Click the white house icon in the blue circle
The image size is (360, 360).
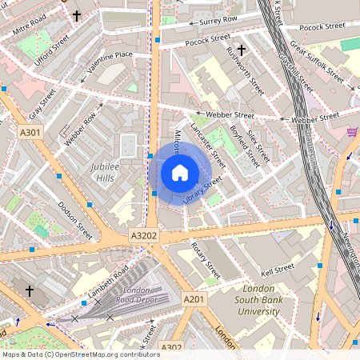(x=180, y=172)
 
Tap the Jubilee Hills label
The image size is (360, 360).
(x=101, y=172)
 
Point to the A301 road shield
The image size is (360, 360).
(x=30, y=132)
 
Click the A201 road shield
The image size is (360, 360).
(x=194, y=298)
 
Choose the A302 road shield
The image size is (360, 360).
(x=171, y=346)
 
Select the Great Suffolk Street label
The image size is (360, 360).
(x=316, y=63)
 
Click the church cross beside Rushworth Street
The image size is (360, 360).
(x=241, y=50)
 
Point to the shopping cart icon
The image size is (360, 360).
(x=351, y=133)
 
